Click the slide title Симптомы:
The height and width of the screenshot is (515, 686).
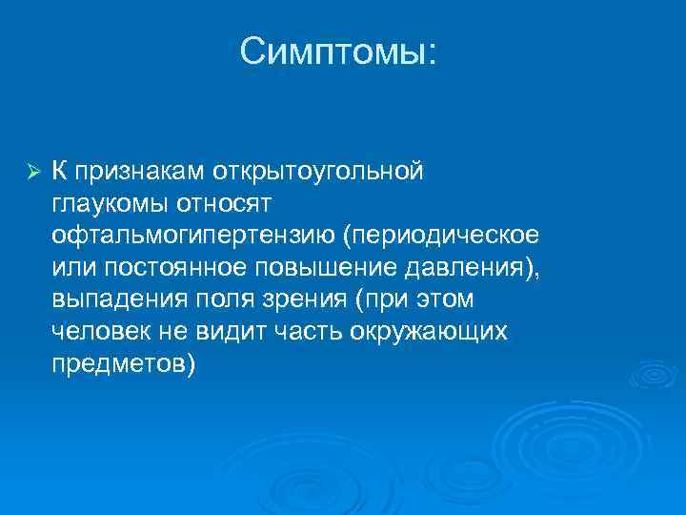[339, 52]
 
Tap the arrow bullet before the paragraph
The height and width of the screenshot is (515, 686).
[31, 173]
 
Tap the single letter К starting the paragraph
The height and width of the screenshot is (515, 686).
[59, 172]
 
